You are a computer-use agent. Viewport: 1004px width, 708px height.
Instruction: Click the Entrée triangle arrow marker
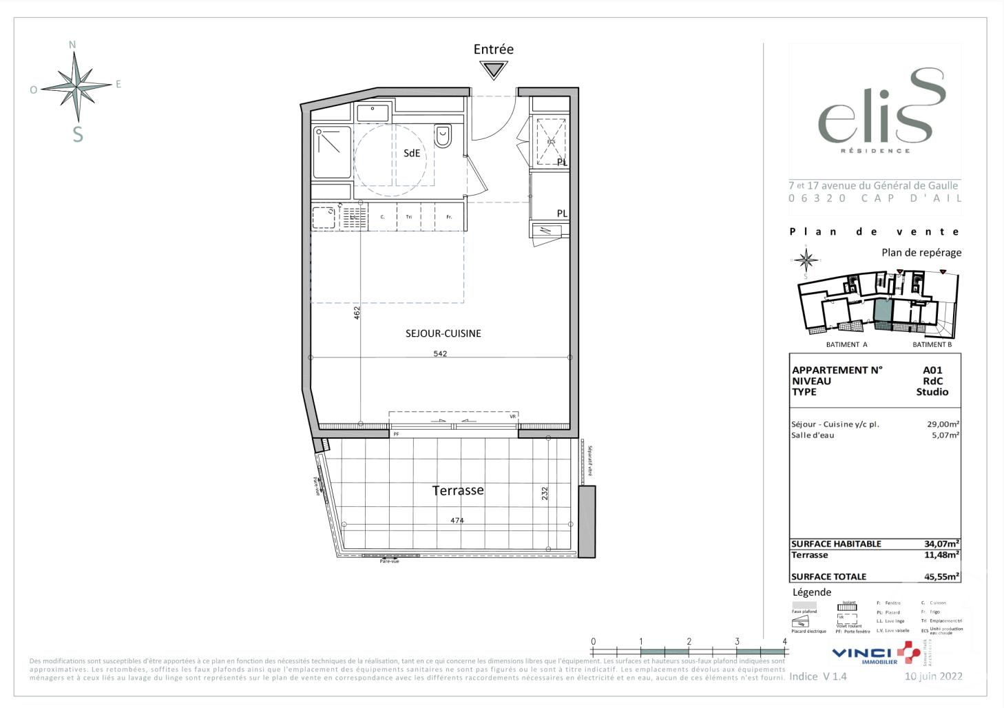click(494, 70)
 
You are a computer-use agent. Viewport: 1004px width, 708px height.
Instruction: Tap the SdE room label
click(412, 154)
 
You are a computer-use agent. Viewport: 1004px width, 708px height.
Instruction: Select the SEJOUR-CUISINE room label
click(443, 333)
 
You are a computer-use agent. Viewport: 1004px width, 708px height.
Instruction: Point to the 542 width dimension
click(440, 354)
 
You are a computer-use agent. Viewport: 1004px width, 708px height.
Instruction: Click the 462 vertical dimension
click(357, 313)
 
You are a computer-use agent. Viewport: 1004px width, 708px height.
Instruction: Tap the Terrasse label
click(458, 490)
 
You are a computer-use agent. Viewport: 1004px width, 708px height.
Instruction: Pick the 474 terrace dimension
click(457, 521)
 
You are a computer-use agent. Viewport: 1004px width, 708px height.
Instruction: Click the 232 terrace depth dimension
click(545, 493)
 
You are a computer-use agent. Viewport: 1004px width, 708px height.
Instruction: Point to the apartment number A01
click(932, 370)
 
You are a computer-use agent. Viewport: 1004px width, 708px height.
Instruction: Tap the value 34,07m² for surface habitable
click(941, 543)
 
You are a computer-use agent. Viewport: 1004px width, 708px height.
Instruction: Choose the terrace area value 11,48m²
click(941, 554)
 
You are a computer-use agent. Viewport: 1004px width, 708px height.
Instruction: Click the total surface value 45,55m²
click(941, 576)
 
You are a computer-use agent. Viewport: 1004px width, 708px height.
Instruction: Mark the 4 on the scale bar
click(784, 641)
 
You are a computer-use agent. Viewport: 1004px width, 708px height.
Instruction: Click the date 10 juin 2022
click(933, 676)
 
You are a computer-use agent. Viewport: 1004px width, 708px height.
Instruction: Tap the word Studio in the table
click(932, 392)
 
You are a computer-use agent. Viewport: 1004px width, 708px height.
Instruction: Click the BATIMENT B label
click(932, 344)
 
